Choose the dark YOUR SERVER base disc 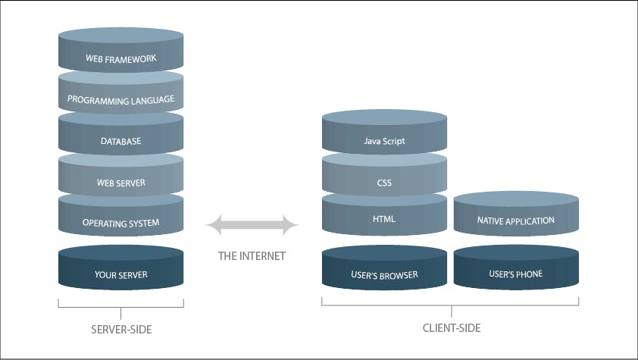[120, 274]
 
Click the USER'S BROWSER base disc [384, 274]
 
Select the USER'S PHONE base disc [516, 274]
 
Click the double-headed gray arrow [252, 225]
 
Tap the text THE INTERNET [252, 256]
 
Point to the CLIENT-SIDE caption [452, 328]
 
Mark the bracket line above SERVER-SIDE [120, 306]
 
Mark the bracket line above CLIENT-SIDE [452, 305]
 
